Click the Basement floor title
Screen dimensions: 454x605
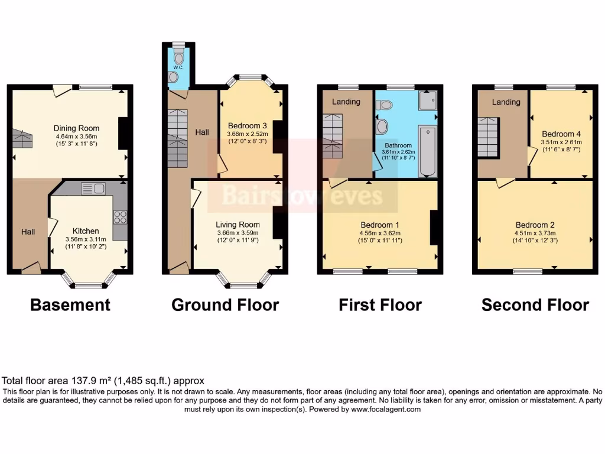pos(70,305)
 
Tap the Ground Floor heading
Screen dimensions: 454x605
pos(225,305)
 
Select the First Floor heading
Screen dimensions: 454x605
pos(380,305)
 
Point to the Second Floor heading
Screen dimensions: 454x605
pos(535,305)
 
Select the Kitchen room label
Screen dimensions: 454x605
pos(86,231)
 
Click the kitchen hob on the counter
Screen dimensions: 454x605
pos(120,217)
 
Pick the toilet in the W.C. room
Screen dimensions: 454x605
pos(179,59)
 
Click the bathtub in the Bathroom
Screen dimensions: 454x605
pos(427,151)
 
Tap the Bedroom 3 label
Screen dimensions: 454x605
pos(248,126)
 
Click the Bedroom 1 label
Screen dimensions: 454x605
pos(380,225)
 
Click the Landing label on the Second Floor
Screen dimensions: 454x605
pos(506,102)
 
